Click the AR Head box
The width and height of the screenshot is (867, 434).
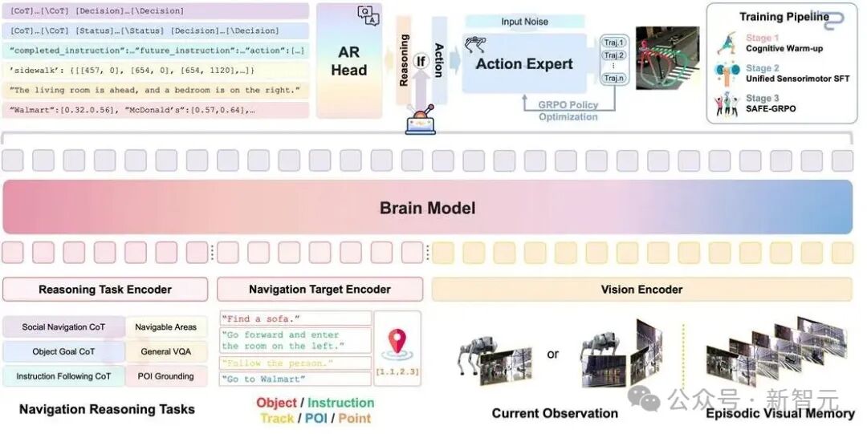[x=348, y=61]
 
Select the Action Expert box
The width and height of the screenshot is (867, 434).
[x=524, y=63]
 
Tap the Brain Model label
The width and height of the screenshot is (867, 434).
[x=427, y=209]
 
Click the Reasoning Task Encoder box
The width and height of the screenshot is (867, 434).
[x=105, y=290]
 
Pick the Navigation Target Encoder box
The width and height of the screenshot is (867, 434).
[x=320, y=290]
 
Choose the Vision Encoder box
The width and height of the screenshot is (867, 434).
[x=641, y=290]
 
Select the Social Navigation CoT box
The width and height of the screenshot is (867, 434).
[x=63, y=327]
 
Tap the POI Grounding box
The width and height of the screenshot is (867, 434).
[x=166, y=375]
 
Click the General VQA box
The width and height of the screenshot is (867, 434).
[x=166, y=351]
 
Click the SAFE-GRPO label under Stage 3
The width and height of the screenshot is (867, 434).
[x=771, y=108]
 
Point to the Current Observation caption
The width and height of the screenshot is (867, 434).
[x=555, y=413]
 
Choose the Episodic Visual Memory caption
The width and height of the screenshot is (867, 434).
[x=779, y=413]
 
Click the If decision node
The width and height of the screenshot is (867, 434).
[x=419, y=60]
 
